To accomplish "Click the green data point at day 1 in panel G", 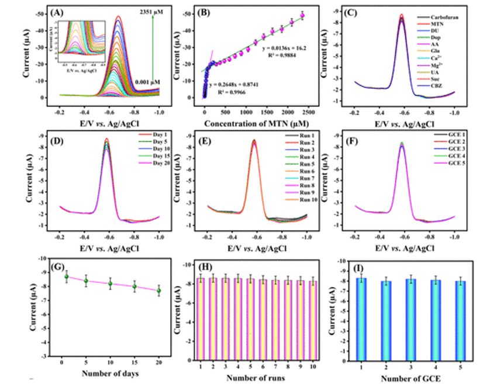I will click(66, 277).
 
